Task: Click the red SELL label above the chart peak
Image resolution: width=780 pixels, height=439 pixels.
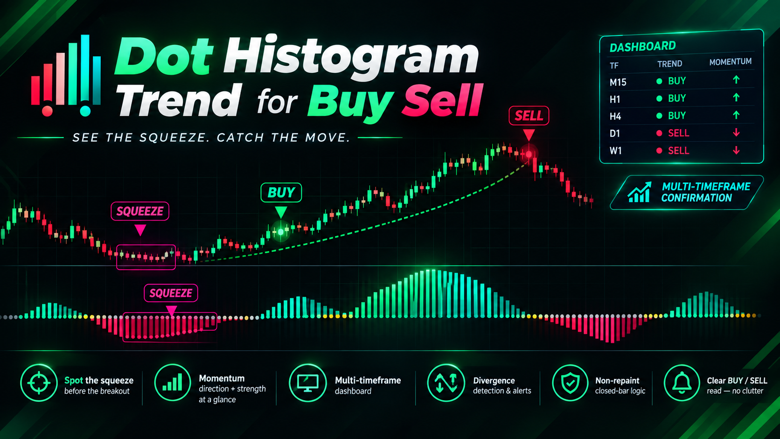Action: [529, 116]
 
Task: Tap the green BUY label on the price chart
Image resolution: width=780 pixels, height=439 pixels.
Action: [281, 192]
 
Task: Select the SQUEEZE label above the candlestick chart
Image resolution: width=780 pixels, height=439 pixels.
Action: [139, 211]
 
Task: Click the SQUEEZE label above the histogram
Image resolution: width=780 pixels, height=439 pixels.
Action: [171, 293]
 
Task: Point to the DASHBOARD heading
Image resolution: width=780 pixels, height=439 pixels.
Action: [642, 47]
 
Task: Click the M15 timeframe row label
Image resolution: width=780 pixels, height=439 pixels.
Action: [618, 83]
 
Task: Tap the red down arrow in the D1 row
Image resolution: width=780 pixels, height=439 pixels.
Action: [736, 132]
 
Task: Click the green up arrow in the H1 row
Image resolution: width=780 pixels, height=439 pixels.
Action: [736, 98]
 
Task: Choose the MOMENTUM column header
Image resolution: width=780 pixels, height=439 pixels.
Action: [730, 62]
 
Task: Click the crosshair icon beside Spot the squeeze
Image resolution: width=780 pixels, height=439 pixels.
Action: [39, 383]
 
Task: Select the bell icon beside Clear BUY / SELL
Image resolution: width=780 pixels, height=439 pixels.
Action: [682, 383]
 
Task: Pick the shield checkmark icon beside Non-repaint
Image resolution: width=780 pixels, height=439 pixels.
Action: [570, 383]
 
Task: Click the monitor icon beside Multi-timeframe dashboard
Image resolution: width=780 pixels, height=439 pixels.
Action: [307, 383]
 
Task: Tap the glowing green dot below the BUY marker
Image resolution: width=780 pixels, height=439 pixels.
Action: [281, 231]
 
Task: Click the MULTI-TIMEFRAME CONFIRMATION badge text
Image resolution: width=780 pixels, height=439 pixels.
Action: [705, 192]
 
